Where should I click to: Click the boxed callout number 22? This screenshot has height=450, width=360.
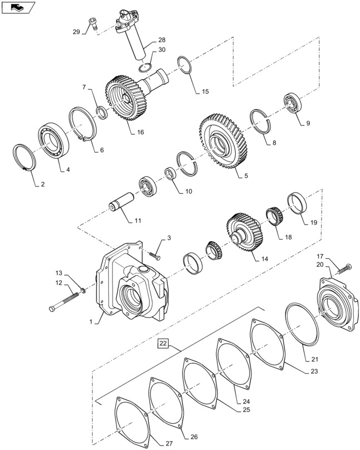[163, 343]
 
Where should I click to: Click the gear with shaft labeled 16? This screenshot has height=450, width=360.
[125, 100]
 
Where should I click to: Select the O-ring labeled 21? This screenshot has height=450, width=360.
[301, 324]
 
